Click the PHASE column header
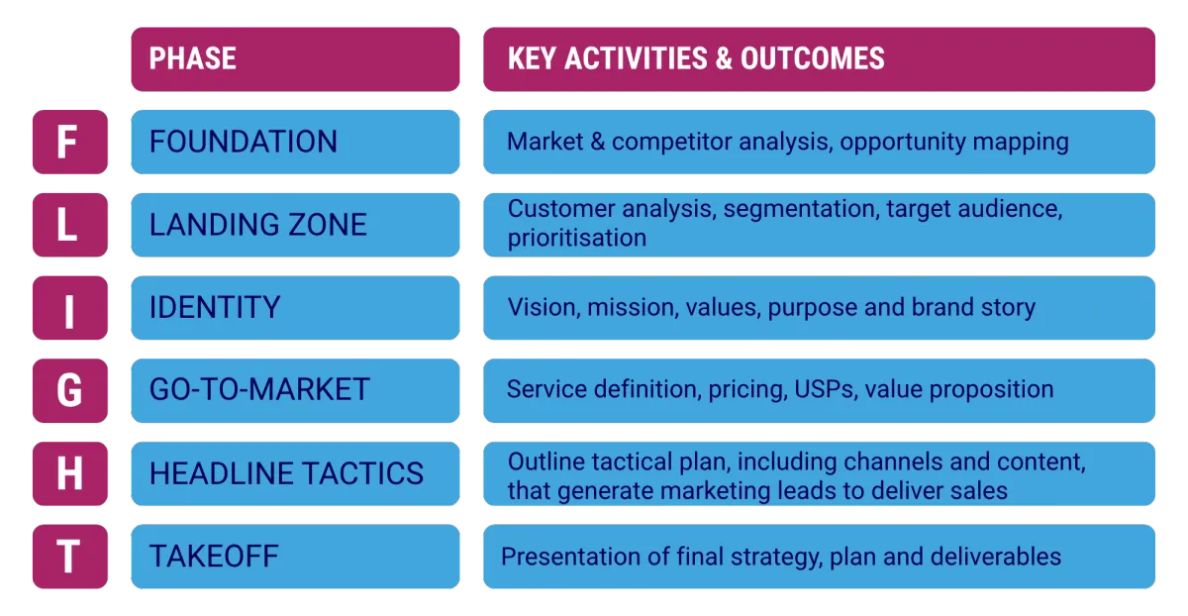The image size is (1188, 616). [x=295, y=59]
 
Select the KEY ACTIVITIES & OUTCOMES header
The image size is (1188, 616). [x=819, y=59]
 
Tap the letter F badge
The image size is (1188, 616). [x=70, y=143]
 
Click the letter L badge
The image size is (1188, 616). [x=70, y=225]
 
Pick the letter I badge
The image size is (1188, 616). [x=70, y=308]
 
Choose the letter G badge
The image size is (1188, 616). [x=70, y=390]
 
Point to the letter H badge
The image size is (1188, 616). [x=70, y=473]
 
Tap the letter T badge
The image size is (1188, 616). [x=70, y=557]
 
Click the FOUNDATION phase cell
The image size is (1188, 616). [x=295, y=143]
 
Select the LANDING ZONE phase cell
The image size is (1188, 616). [x=295, y=225]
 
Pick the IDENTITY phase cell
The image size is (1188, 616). [x=295, y=308]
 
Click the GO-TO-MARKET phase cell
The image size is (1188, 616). [x=295, y=390]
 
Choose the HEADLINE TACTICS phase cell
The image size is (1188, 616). [x=295, y=473]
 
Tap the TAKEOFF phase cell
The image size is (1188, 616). [x=295, y=557]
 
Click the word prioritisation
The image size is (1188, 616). [x=577, y=239]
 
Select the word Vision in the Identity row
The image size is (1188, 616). [x=544, y=307]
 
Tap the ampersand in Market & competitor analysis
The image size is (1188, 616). [x=598, y=142]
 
